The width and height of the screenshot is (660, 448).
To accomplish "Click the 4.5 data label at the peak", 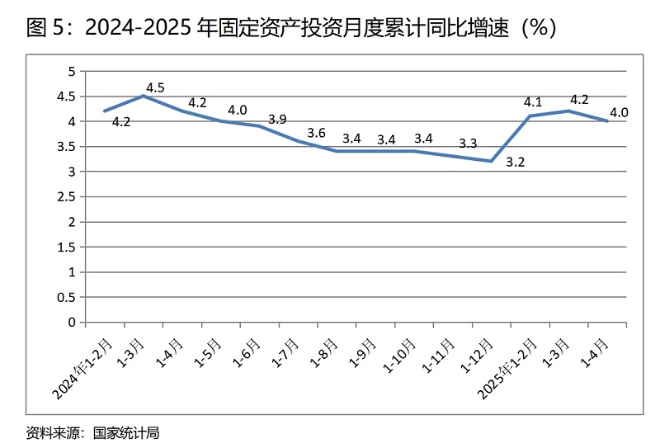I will coord(155,87).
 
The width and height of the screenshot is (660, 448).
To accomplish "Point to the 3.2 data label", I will coord(515,163).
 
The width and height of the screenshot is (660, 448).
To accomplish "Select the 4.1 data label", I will coord(533,102).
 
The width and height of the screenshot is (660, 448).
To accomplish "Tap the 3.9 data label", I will coord(277,119).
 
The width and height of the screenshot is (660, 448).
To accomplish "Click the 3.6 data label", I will coord(316,132).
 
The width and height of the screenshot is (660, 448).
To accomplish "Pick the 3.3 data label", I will coord(468,144).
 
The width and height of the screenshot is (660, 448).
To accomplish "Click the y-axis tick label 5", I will coord(72,72).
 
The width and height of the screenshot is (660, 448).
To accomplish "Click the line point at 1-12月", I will coord(492,161).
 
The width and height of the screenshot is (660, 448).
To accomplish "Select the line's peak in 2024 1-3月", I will coord(144,96).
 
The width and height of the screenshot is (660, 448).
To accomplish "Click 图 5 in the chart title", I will coord(45,28).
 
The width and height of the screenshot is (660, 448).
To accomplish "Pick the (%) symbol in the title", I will coord(540,28).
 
